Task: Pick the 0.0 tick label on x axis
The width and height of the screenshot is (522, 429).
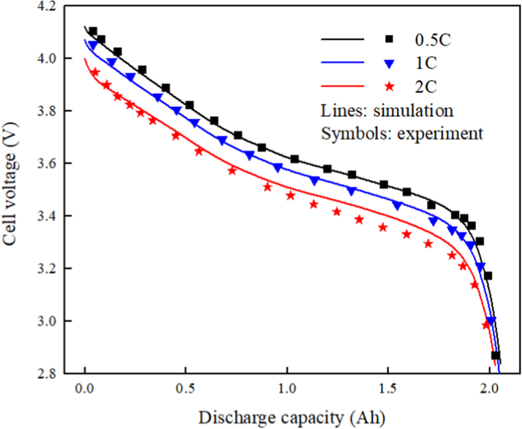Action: click(84, 390)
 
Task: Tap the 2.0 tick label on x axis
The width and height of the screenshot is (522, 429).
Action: click(489, 390)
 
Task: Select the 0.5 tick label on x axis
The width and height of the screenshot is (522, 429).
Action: click(185, 390)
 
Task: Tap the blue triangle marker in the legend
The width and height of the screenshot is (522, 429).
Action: click(387, 63)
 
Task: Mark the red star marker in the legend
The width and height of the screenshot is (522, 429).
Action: click(387, 84)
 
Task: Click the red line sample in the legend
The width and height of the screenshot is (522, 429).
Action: click(341, 85)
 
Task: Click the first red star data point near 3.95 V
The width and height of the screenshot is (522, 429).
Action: click(95, 72)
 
